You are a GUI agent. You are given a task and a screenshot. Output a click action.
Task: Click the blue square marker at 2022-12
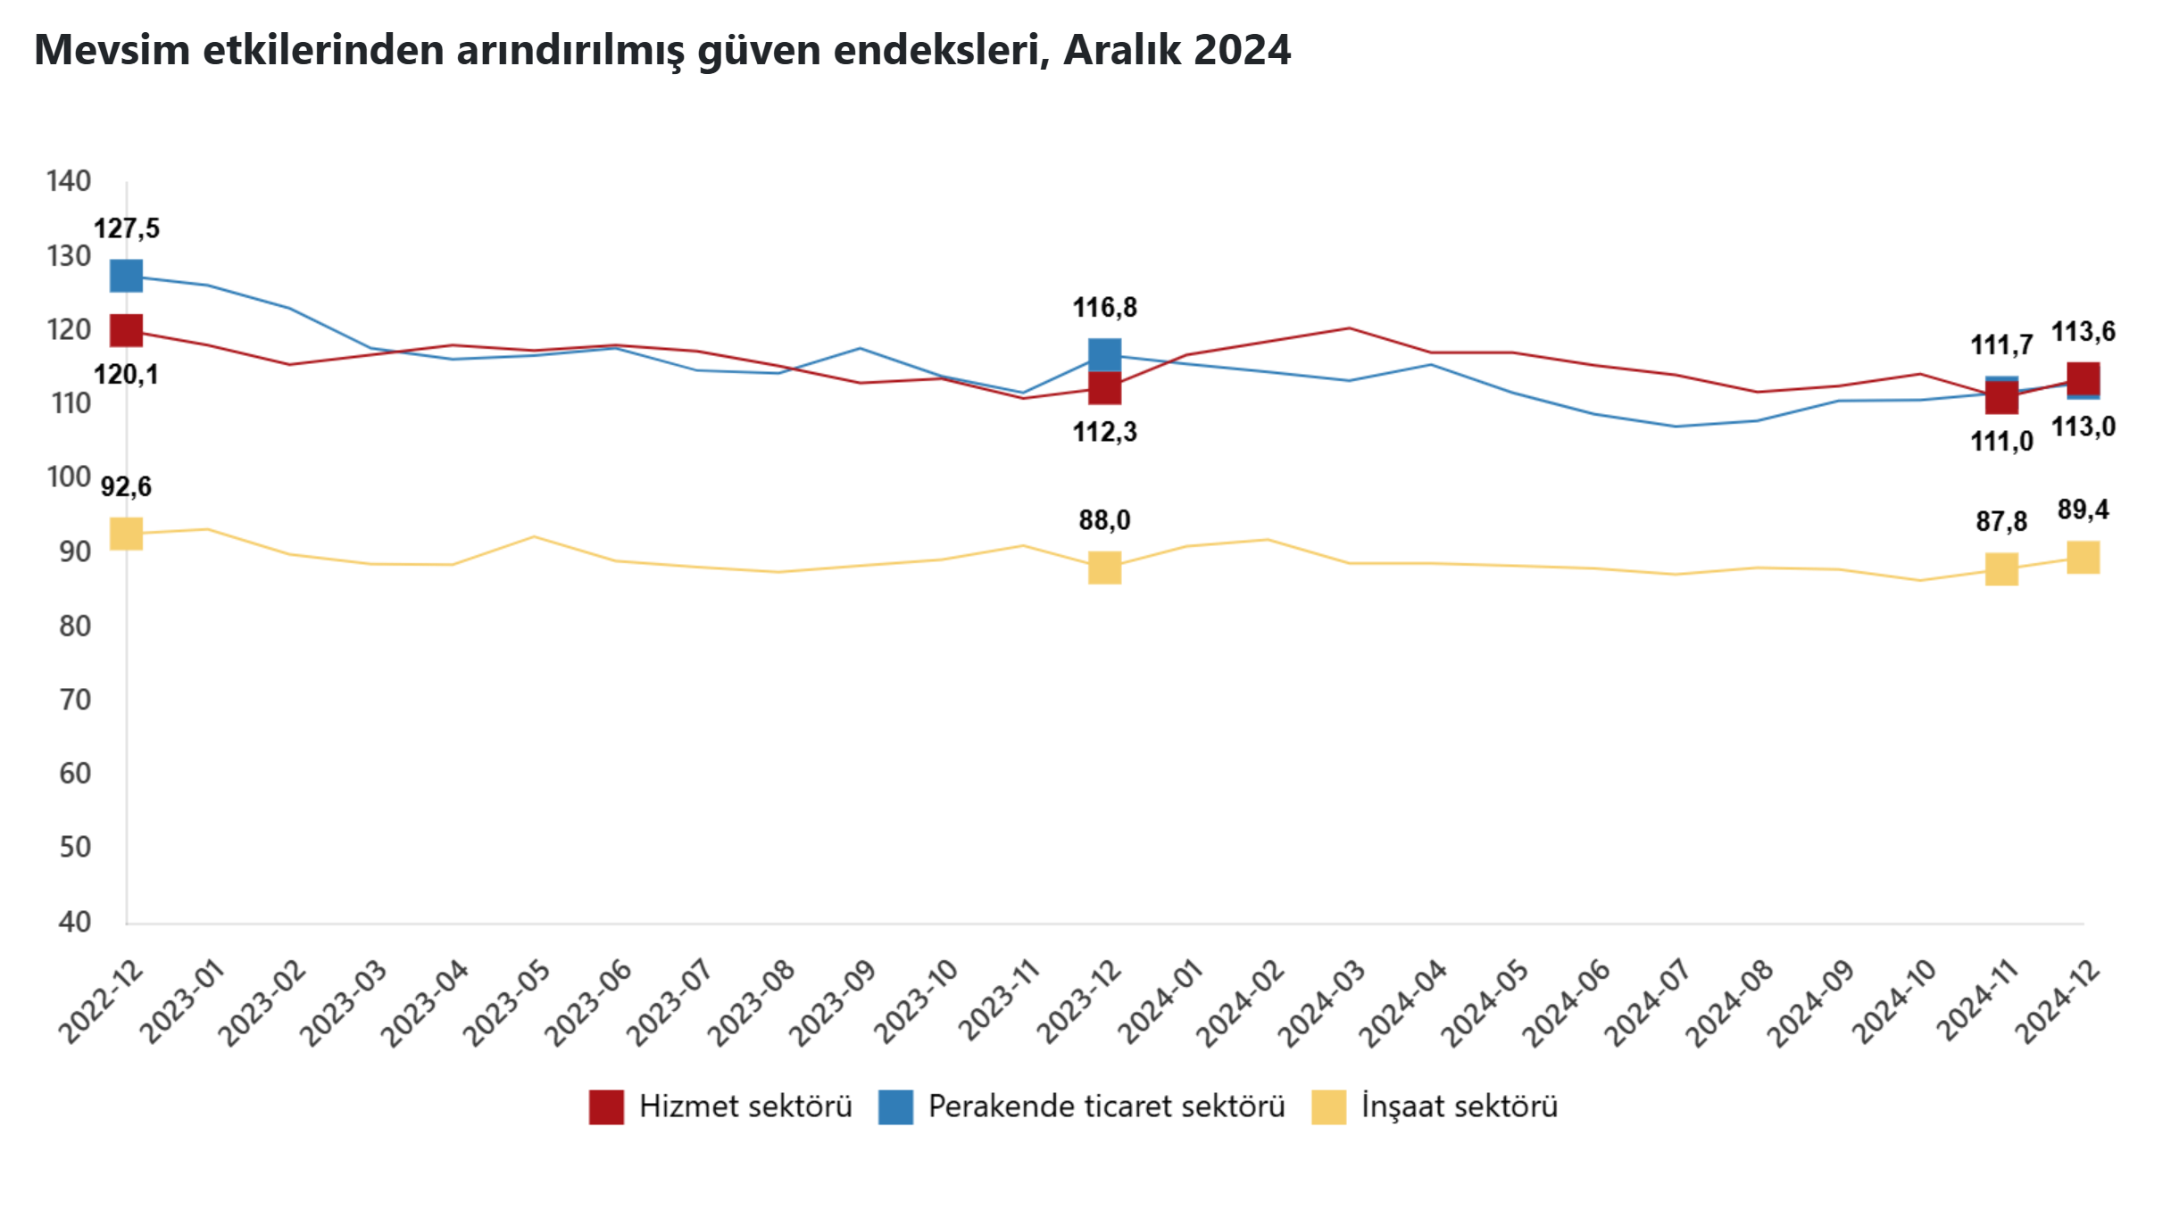126,276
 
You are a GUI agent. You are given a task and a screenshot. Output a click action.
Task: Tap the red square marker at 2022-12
126,330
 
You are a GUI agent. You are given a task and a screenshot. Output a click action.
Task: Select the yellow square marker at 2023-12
1104,568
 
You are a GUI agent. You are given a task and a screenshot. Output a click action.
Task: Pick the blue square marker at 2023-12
1104,353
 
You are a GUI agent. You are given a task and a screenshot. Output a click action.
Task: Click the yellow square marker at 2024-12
2083,558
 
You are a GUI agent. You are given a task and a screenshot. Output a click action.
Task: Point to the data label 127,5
127,228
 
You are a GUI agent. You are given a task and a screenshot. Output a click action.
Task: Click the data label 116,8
1104,308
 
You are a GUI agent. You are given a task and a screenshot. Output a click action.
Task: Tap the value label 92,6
126,486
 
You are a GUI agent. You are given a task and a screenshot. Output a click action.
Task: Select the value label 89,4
2083,510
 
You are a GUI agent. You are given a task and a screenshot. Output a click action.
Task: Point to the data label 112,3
1104,432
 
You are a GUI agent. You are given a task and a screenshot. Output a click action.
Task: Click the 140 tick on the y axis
69,181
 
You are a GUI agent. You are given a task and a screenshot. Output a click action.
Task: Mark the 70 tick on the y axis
75,700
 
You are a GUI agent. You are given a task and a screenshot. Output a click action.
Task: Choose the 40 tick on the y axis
75,922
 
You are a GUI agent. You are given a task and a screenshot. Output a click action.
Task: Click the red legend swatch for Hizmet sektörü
606,1106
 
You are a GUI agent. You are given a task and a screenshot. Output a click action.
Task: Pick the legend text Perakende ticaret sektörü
1106,1106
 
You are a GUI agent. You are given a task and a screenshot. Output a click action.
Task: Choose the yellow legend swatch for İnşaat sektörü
1328,1106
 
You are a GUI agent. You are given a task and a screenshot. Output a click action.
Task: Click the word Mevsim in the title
112,50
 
